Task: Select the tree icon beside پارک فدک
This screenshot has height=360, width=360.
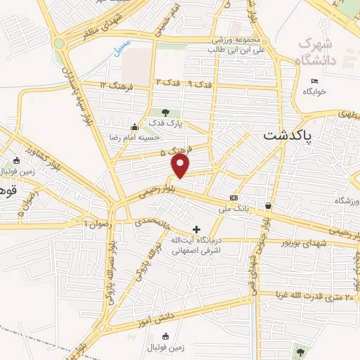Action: [x=165, y=112]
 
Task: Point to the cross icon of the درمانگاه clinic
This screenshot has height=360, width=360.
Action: [x=196, y=229]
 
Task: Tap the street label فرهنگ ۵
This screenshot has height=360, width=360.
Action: [x=174, y=152]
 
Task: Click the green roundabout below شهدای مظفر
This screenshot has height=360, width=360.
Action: [x=59, y=44]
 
